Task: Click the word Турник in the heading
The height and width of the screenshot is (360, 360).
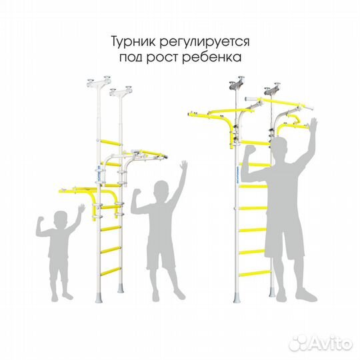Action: tap(133, 41)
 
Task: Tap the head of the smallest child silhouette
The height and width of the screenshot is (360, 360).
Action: tap(60, 219)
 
